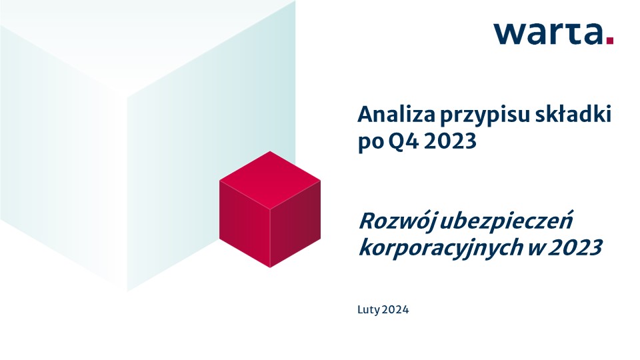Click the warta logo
[553, 33]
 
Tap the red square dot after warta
[610, 41]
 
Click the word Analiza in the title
[396, 115]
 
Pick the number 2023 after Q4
[450, 141]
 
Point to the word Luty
[369, 310]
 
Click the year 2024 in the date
[395, 310]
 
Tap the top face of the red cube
[270, 180]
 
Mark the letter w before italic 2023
[535, 248]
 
